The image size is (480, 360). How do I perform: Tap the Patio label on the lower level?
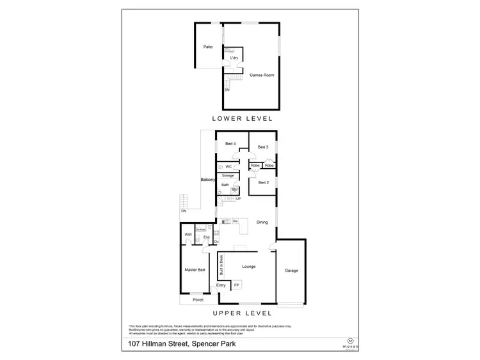point(207,47)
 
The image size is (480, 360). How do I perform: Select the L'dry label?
point(234,58)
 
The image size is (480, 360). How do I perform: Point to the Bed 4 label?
point(230,144)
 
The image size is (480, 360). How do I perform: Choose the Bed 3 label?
point(262,147)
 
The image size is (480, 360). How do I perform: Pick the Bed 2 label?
point(262,182)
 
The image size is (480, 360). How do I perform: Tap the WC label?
point(228,166)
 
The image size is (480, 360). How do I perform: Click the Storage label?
point(228,175)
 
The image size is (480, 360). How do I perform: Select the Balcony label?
point(207,180)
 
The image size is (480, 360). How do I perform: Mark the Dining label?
point(262,222)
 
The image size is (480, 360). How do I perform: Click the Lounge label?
point(249,266)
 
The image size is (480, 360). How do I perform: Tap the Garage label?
point(291,270)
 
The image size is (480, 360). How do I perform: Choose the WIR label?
point(188,235)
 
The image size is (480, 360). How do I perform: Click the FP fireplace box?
point(236,285)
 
